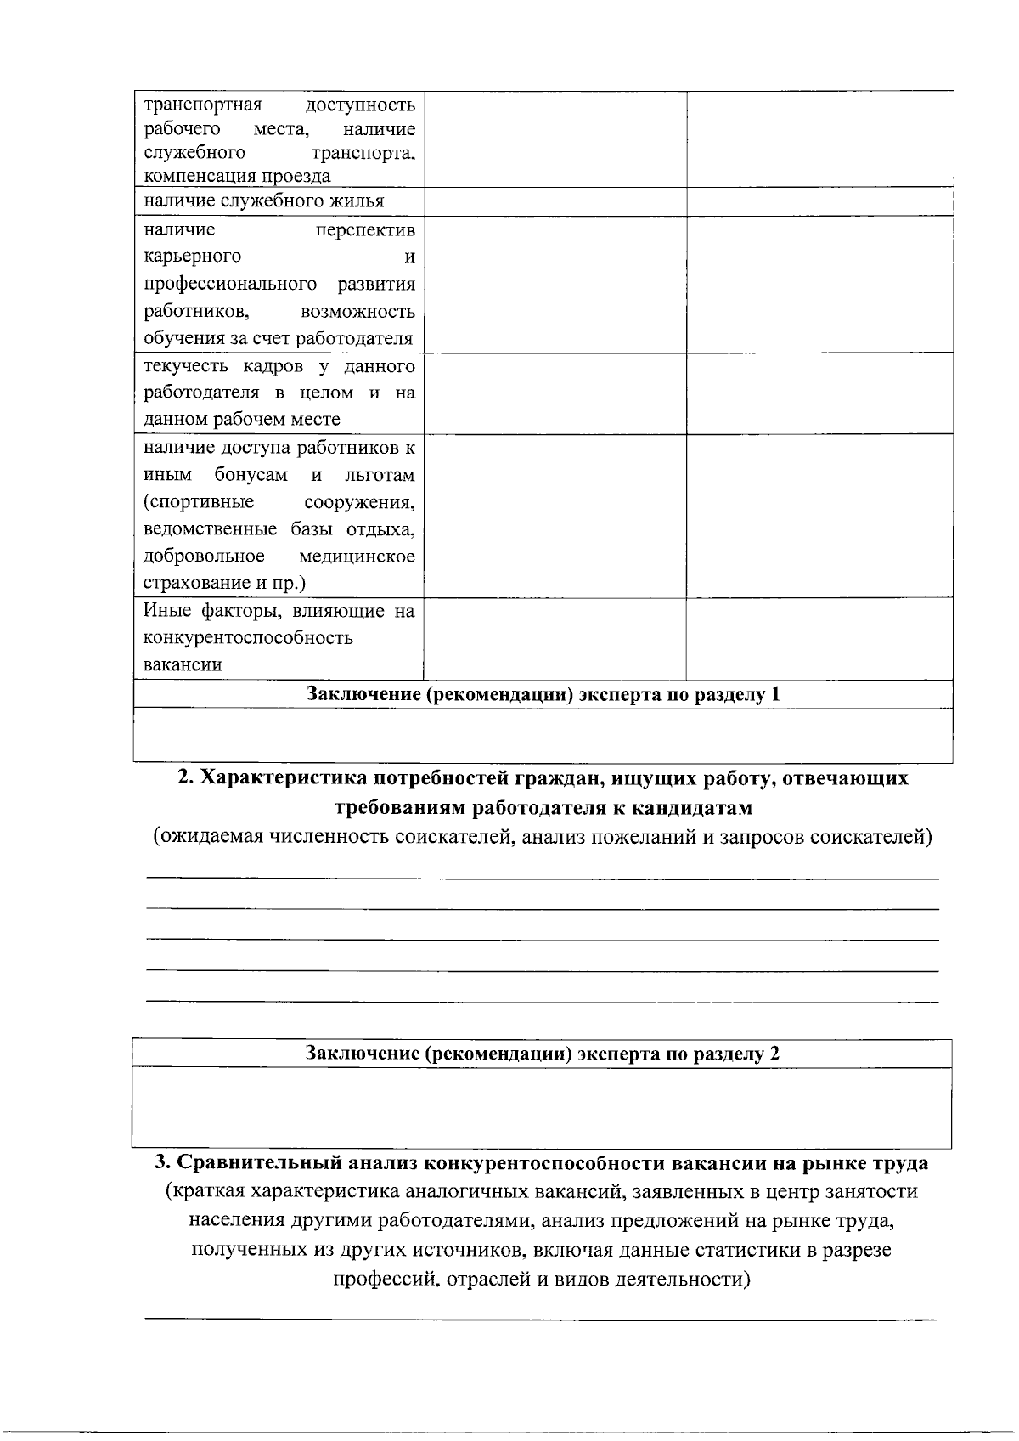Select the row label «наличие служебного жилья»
click(263, 201)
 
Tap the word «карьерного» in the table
click(193, 257)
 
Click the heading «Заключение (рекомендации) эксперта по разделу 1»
click(543, 694)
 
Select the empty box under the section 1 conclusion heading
click(543, 733)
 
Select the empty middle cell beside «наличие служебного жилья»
click(555, 201)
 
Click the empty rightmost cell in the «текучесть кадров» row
click(819, 393)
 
